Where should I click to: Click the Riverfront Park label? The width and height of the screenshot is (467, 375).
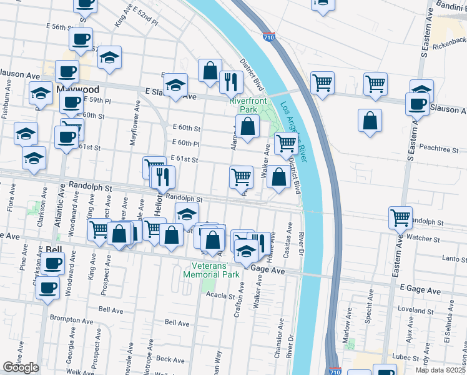(248, 104)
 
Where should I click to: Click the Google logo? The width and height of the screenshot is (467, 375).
(20, 367)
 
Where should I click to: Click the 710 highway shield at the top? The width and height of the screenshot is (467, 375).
(269, 39)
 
